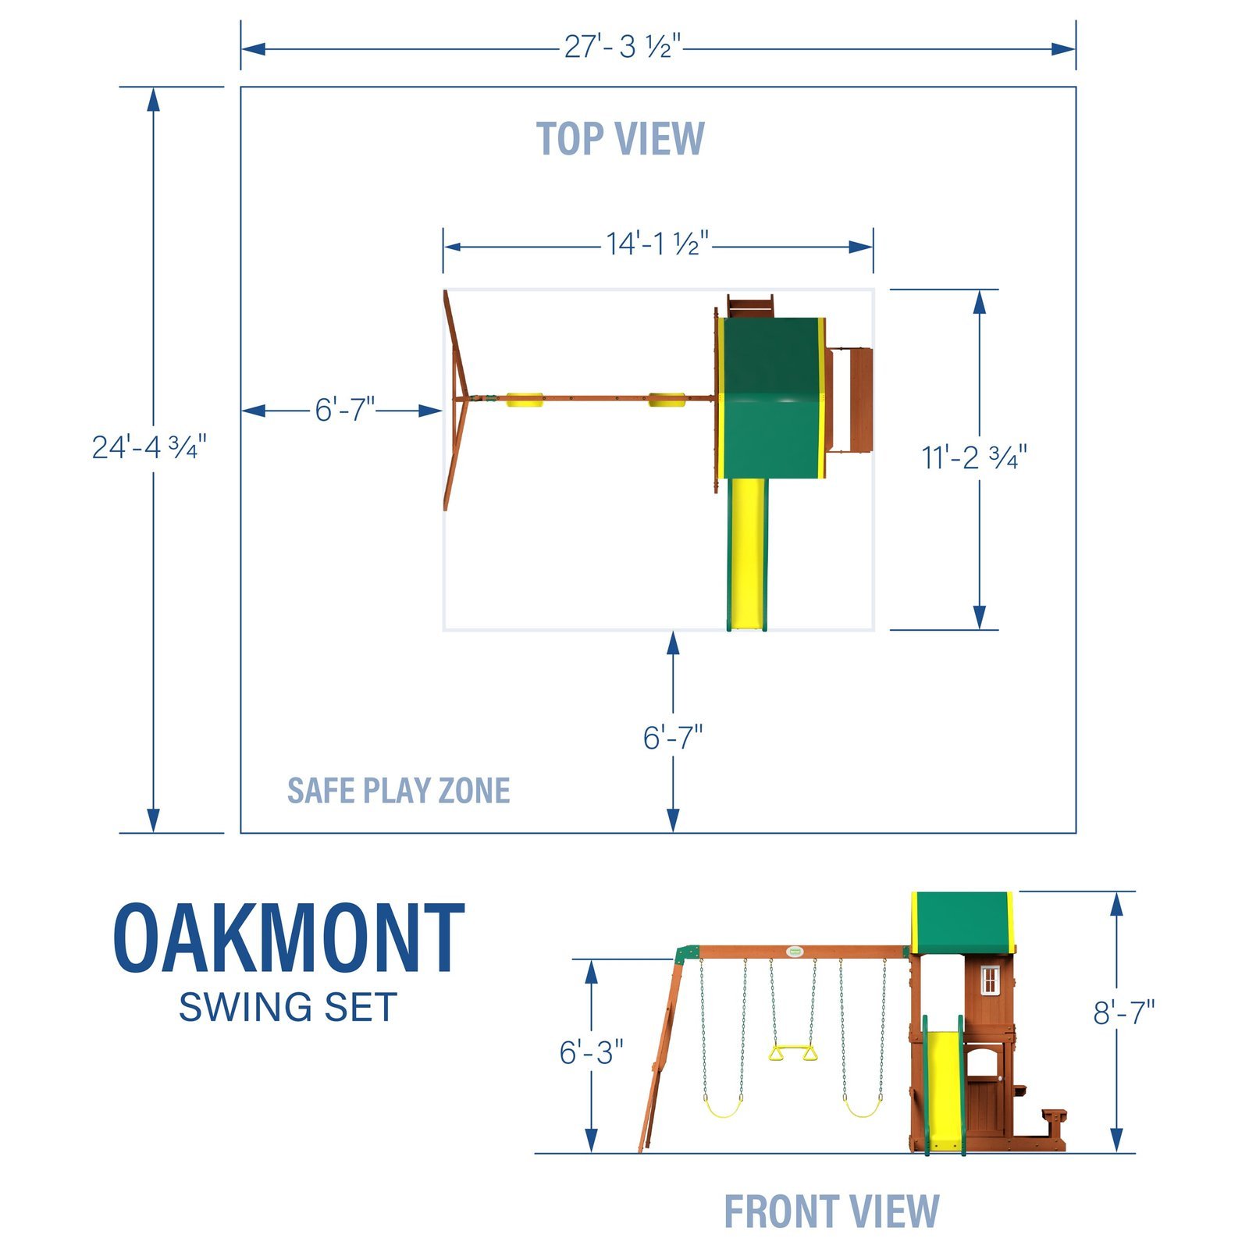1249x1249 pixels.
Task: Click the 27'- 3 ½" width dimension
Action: [x=622, y=48]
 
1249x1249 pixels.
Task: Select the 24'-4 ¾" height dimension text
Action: [x=149, y=447]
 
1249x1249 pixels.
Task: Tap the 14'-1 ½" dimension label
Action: [x=657, y=244]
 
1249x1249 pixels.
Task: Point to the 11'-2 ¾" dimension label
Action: [x=973, y=457]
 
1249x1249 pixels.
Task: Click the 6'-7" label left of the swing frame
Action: [x=344, y=410]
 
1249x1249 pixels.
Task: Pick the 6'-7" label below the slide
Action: [x=672, y=738]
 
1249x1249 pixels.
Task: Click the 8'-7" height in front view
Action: [x=1123, y=1012]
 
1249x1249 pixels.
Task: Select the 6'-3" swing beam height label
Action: [x=591, y=1052]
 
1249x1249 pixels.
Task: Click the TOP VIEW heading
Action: [x=621, y=139]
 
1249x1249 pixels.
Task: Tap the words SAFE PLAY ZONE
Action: [x=398, y=791]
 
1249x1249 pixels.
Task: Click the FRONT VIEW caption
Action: [x=831, y=1212]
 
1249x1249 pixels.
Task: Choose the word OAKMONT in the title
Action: [x=290, y=938]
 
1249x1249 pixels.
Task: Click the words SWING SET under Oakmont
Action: [x=288, y=1007]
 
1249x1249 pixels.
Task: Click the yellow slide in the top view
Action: [x=748, y=554]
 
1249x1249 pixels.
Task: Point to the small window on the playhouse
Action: [x=990, y=980]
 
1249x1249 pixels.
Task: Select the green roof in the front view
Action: [x=962, y=922]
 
